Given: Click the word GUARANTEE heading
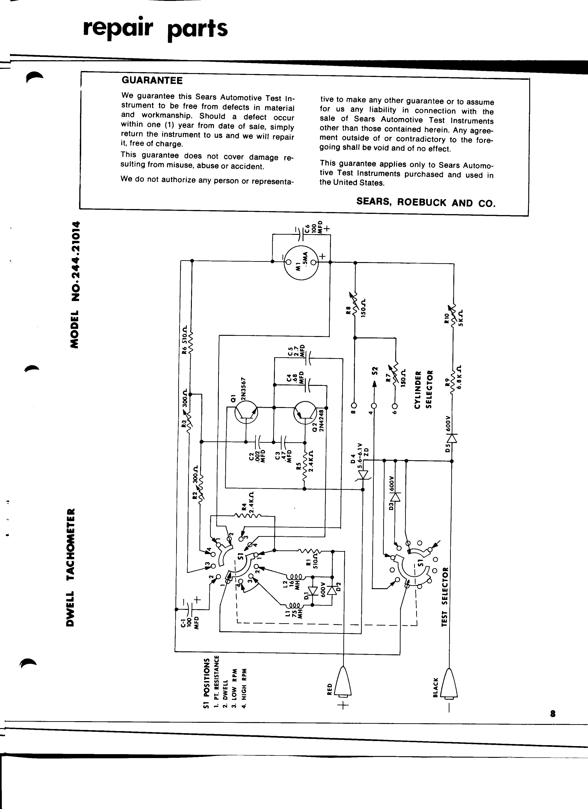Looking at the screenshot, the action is (x=152, y=80).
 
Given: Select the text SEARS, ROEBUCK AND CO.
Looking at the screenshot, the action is (x=426, y=202).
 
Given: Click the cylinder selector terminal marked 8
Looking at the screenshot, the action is (x=354, y=406).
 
